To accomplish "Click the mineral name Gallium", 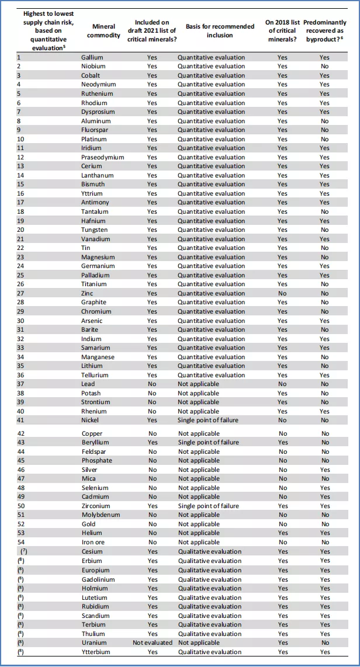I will pyautogui.click(x=92, y=57).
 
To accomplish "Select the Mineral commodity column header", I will pyautogui.click(x=104, y=31).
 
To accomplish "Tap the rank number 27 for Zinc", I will pyautogui.click(x=22, y=293).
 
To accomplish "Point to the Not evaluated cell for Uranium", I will pyautogui.click(x=153, y=642).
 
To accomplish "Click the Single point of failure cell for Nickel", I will pyautogui.click(x=208, y=420).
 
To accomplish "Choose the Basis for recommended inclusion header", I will pyautogui.click(x=220, y=30).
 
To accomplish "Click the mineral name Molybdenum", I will pyautogui.click(x=101, y=515).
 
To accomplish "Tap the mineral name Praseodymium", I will pyautogui.click(x=102, y=157).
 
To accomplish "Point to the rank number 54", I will pyautogui.click(x=22, y=542).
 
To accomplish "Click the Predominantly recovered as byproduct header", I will pyautogui.click(x=325, y=30).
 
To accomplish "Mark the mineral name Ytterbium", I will pyautogui.click(x=96, y=652).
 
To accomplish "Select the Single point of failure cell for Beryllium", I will pyautogui.click(x=209, y=442).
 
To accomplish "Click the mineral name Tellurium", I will pyautogui.click(x=95, y=375).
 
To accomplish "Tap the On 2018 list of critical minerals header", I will pyautogui.click(x=283, y=30).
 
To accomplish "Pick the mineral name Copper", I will pyautogui.click(x=92, y=433).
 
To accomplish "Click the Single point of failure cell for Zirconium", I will pyautogui.click(x=209, y=506).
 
